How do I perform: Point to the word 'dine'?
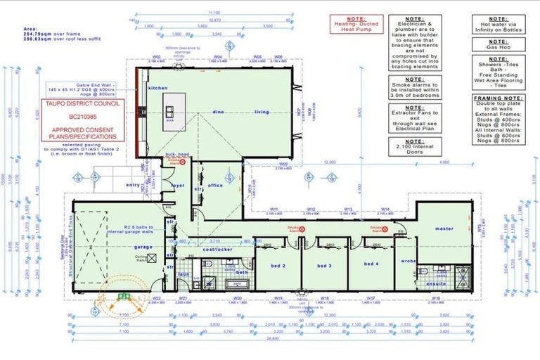click(x=219, y=112)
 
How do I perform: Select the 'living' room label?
click(x=262, y=112)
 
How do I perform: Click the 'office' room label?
click(x=214, y=186)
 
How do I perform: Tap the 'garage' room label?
click(x=143, y=247)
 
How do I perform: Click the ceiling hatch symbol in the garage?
click(x=151, y=258)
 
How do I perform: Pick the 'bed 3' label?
click(x=324, y=266)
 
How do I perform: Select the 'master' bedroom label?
click(x=444, y=229)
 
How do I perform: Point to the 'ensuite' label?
click(x=437, y=284)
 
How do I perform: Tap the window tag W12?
click(x=311, y=209)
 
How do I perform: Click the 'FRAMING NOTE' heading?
click(x=499, y=99)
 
